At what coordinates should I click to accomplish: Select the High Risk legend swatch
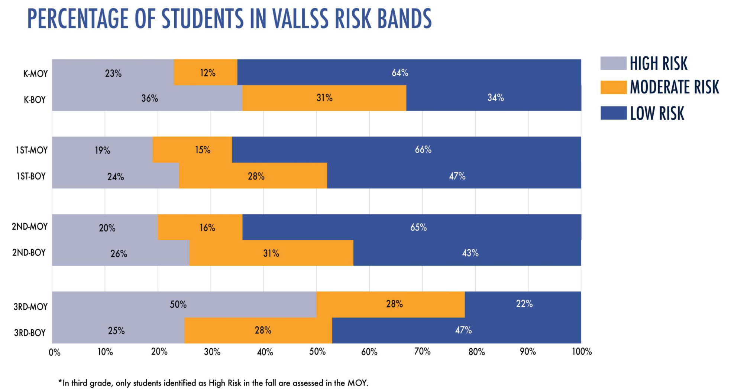point(613,63)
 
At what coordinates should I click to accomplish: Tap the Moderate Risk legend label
point(674,87)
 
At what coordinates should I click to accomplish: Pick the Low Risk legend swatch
point(613,113)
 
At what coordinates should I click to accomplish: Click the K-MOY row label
point(35,74)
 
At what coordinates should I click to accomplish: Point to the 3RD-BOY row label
point(30,333)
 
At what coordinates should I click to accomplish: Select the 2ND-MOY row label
point(29,227)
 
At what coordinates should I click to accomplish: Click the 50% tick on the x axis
point(317,352)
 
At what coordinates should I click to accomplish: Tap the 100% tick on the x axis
point(582,352)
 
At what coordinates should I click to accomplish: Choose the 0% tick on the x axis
point(54,352)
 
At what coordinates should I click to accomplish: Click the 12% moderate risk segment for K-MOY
point(206,73)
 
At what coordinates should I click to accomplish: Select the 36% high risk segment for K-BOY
point(147,98)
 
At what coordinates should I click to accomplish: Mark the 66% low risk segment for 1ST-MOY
point(406,150)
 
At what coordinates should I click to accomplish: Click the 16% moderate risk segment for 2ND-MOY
point(200,227)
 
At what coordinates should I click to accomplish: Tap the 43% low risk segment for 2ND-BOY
point(467,253)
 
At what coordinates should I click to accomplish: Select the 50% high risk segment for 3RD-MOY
point(184,305)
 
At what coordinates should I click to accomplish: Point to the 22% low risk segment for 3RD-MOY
point(523,304)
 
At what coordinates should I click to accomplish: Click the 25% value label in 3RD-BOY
point(116,331)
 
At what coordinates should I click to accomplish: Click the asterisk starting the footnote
point(60,382)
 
